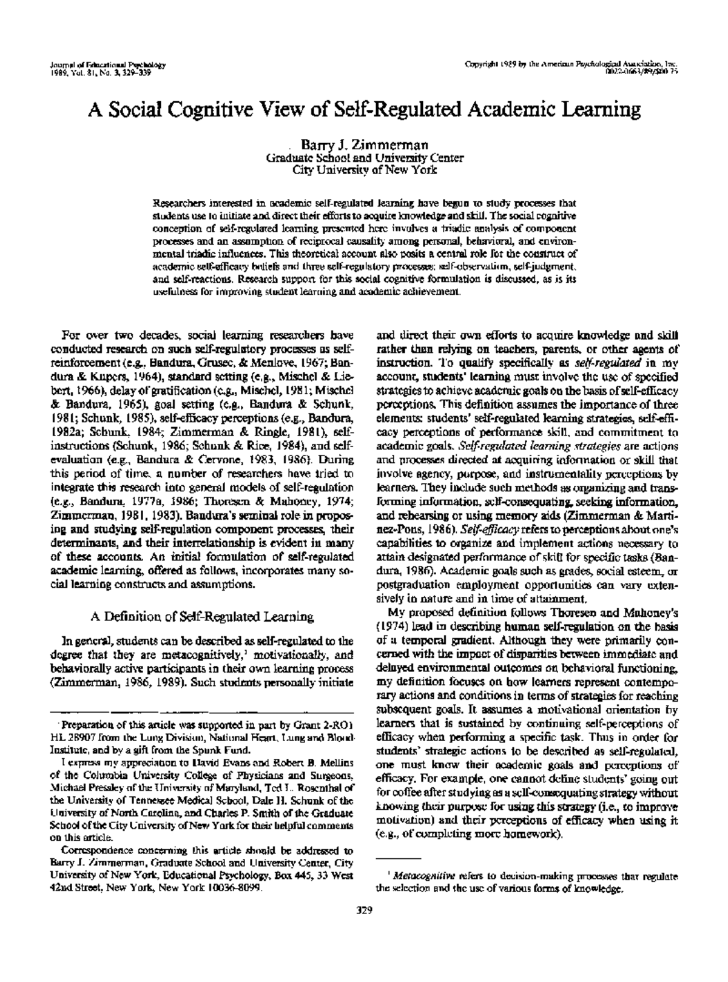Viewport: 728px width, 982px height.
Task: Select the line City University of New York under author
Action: (x=364, y=170)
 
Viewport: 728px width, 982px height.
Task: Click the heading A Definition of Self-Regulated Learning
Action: (x=202, y=617)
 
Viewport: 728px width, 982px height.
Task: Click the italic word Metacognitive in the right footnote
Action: (x=424, y=876)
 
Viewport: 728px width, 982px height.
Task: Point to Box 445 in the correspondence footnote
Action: (x=292, y=875)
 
